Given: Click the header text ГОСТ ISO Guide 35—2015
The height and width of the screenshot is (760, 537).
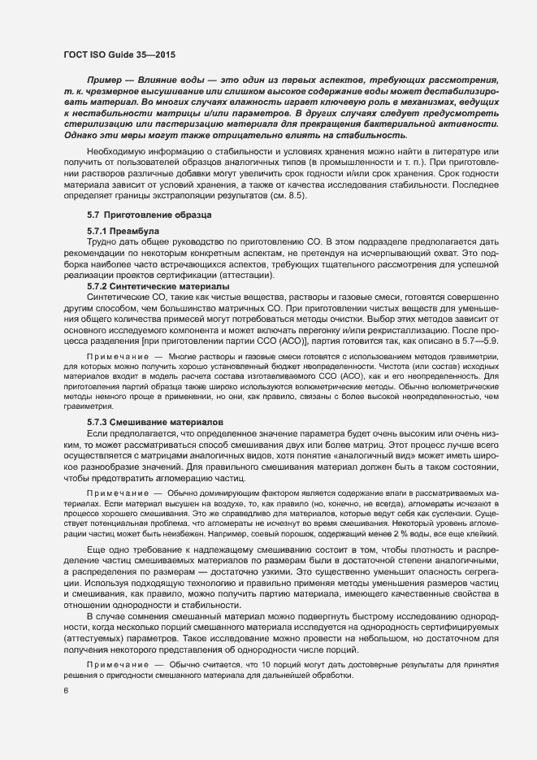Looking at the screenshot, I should pyautogui.click(x=119, y=54).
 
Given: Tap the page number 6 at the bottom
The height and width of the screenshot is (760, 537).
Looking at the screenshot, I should pyautogui.click(x=65, y=691).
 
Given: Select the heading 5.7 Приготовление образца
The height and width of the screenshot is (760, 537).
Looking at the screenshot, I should pyautogui.click(x=149, y=215).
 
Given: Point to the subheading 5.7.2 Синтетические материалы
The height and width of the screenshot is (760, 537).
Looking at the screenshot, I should pyautogui.click(x=158, y=287).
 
